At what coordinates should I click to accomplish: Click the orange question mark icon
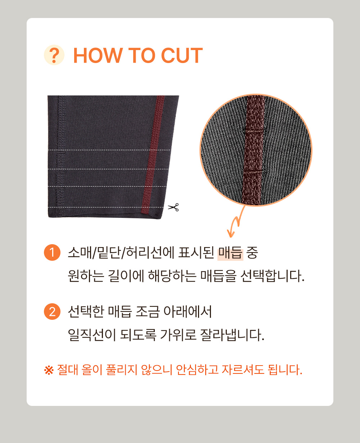click(x=54, y=55)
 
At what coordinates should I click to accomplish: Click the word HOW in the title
click(x=98, y=55)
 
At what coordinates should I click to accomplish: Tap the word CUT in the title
click(x=182, y=55)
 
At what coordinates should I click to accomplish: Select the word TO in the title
click(x=141, y=55)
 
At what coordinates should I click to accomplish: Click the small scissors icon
click(x=173, y=207)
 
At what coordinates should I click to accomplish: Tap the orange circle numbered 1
click(x=52, y=252)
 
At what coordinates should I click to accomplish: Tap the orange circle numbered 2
click(x=52, y=312)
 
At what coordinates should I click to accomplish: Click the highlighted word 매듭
click(x=230, y=253)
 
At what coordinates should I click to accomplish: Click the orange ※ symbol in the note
click(x=49, y=370)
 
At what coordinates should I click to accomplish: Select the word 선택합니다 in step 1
click(x=273, y=276)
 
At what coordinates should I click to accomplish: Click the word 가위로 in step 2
click(x=178, y=335)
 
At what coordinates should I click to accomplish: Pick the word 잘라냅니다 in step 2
click(x=232, y=335)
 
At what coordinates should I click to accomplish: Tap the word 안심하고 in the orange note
click(x=197, y=370)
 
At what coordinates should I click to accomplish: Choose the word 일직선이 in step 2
click(x=92, y=335)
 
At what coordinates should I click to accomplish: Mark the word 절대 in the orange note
click(x=67, y=370)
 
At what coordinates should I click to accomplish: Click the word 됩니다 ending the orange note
click(x=285, y=370)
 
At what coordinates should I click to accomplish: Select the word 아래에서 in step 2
click(x=188, y=312)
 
